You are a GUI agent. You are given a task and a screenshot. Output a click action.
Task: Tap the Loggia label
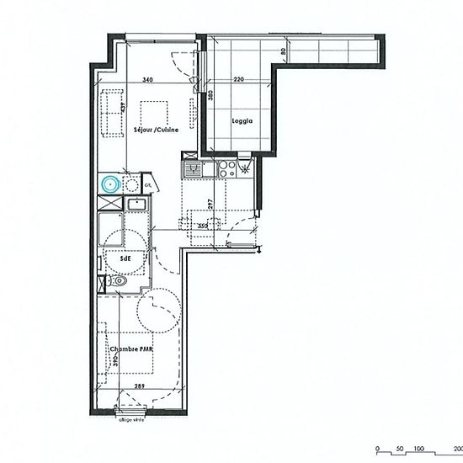[x=243, y=120]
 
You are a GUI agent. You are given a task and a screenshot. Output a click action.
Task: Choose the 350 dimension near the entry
[x=201, y=226]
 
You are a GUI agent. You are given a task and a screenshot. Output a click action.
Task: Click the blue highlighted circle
[x=108, y=184]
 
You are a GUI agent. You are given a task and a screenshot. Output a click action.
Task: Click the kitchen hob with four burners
[x=225, y=168]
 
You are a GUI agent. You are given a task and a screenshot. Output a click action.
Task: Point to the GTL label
[x=147, y=184]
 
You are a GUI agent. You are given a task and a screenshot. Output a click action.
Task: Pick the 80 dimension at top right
[x=285, y=51]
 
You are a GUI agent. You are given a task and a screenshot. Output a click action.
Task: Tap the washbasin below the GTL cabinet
[x=135, y=203]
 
